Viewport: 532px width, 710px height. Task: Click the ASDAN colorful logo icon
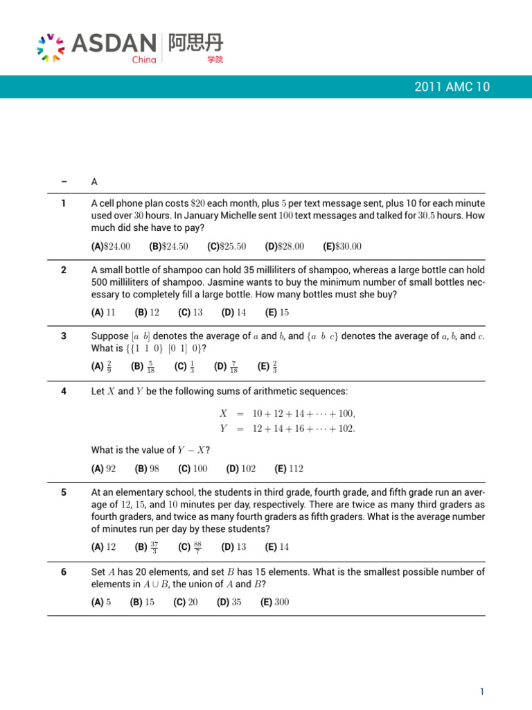tap(51, 47)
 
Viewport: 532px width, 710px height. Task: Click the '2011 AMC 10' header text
tap(452, 87)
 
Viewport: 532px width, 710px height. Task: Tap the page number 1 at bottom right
tap(482, 691)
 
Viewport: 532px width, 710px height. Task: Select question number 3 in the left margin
tap(64, 336)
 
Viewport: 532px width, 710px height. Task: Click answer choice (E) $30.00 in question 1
tap(342, 246)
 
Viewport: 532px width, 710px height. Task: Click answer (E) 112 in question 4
tap(289, 469)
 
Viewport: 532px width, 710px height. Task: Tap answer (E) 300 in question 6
tap(275, 602)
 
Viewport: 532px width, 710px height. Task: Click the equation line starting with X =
tap(287, 413)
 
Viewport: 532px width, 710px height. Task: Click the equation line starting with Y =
tap(287, 428)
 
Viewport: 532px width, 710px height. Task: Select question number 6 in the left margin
tap(64, 572)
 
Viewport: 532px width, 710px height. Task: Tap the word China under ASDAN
tap(143, 60)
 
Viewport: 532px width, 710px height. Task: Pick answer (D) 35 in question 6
tap(229, 602)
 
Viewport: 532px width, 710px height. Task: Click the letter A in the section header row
tap(94, 182)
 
